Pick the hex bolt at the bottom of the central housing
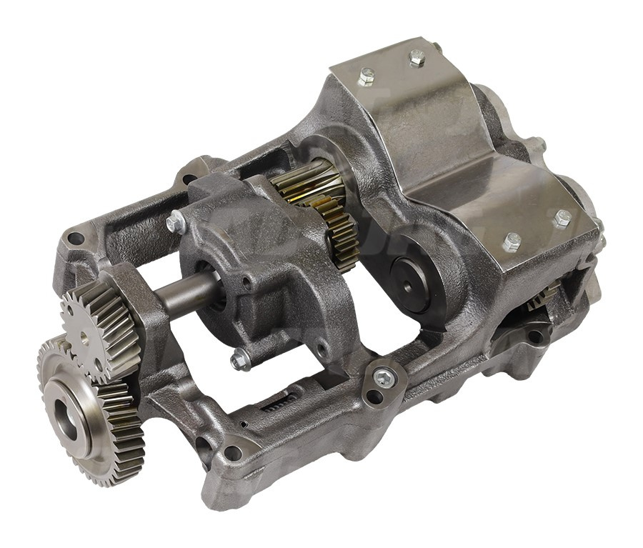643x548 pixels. click(x=240, y=359)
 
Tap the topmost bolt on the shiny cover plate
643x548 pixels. click(x=417, y=58)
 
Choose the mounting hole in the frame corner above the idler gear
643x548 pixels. click(x=77, y=239)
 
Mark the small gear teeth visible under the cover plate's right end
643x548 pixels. click(x=547, y=294)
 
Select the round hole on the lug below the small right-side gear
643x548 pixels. click(x=534, y=337)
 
